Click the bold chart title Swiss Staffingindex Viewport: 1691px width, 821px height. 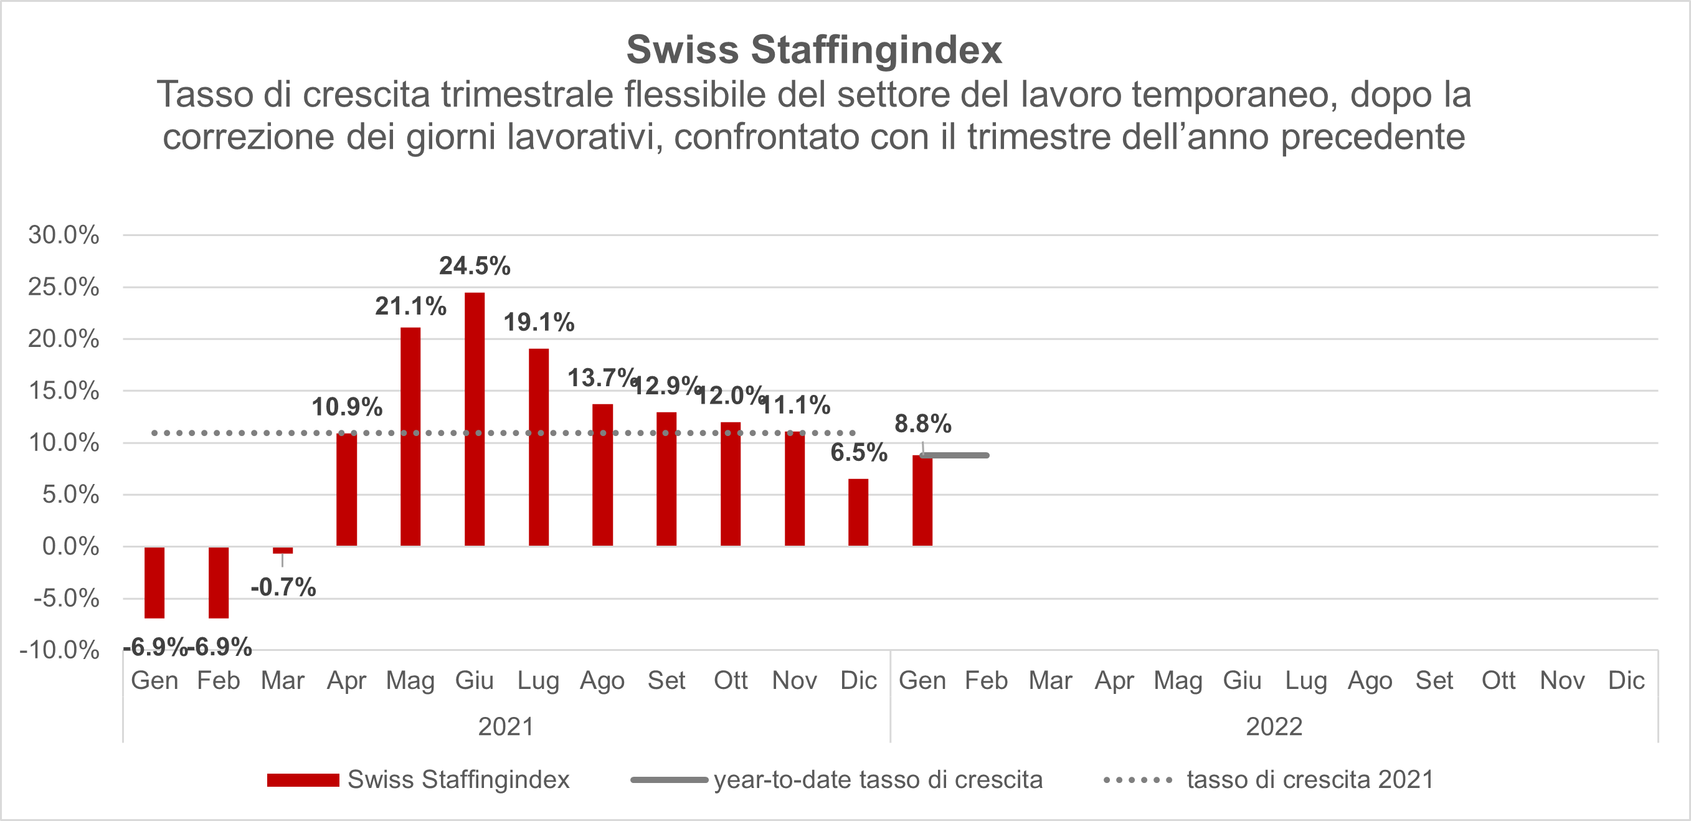814,49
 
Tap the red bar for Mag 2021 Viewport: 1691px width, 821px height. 410,437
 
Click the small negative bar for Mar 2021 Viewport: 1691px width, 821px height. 283,550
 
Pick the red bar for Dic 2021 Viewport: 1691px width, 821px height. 858,513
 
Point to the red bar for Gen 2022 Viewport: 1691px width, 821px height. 922,501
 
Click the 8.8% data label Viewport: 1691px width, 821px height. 922,424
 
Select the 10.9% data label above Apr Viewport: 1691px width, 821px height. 346,407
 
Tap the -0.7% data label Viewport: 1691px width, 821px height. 283,587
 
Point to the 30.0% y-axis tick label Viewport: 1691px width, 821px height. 64,235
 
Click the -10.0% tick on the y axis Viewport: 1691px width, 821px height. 60,650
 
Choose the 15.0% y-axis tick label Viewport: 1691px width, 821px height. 64,391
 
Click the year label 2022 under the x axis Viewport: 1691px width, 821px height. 1274,726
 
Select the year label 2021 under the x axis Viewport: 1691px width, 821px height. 506,726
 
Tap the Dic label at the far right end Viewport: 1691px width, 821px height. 1626,681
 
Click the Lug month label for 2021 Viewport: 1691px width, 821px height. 538,681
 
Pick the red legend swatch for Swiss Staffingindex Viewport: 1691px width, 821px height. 303,781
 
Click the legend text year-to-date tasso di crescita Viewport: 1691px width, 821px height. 878,780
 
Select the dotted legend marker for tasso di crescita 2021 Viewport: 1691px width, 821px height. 1138,781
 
